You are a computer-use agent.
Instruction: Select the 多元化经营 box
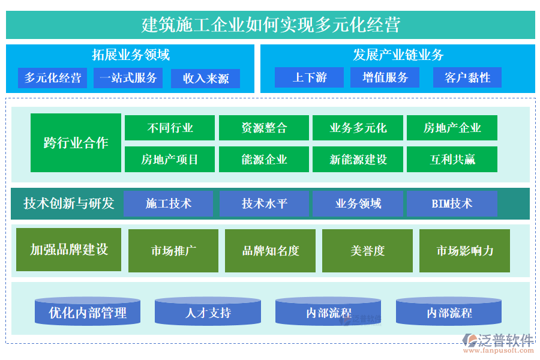[53, 78]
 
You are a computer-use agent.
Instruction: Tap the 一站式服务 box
[128, 78]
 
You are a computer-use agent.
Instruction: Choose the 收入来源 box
[206, 79]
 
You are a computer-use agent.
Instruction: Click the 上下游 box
[310, 77]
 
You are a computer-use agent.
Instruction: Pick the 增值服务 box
[385, 77]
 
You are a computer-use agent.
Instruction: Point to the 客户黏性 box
[467, 77]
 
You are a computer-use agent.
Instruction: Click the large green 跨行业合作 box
[76, 143]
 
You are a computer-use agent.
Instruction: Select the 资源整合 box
[264, 128]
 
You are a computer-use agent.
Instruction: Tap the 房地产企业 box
[452, 128]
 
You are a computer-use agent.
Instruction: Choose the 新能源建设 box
[358, 160]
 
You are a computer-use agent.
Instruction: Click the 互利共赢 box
[452, 160]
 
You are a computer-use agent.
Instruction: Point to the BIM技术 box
[452, 203]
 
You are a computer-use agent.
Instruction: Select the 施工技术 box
[169, 203]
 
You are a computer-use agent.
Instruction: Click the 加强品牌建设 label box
[69, 250]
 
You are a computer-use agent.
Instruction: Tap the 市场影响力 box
[464, 251]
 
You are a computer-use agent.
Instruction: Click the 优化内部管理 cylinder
[88, 312]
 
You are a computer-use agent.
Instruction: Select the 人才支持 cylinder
[208, 312]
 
